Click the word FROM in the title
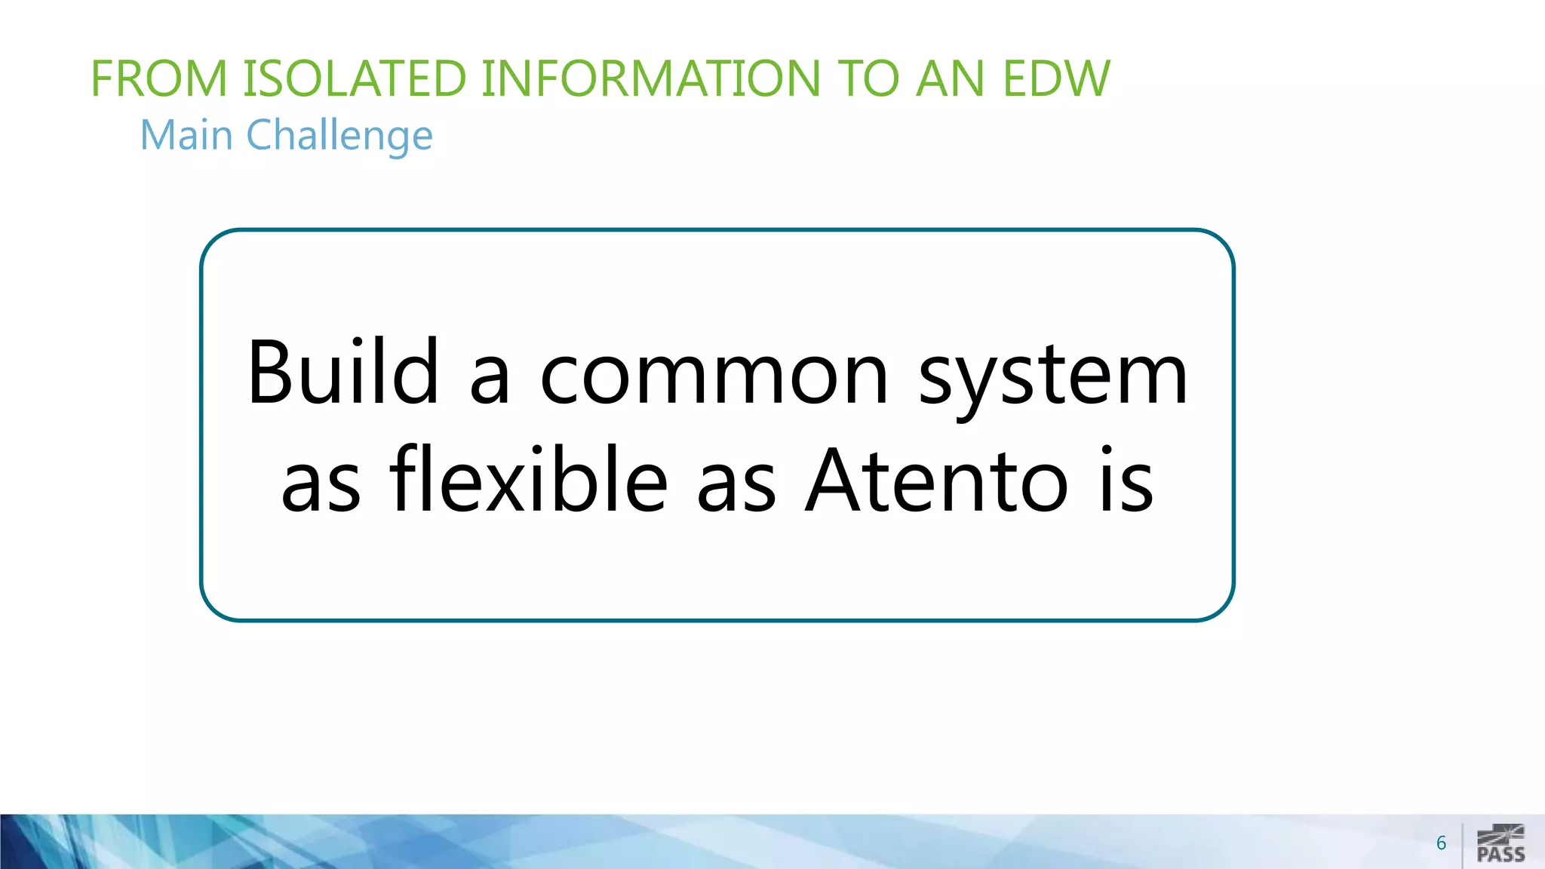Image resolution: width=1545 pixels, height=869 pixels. point(159,78)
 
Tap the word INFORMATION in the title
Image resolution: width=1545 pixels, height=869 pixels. point(650,78)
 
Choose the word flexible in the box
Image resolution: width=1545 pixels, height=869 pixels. point(529,480)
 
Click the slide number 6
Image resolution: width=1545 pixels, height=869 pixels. point(1441,843)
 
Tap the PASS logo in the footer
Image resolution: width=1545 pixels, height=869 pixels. point(1501,844)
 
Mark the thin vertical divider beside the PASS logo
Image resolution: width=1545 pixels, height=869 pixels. point(1462,845)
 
